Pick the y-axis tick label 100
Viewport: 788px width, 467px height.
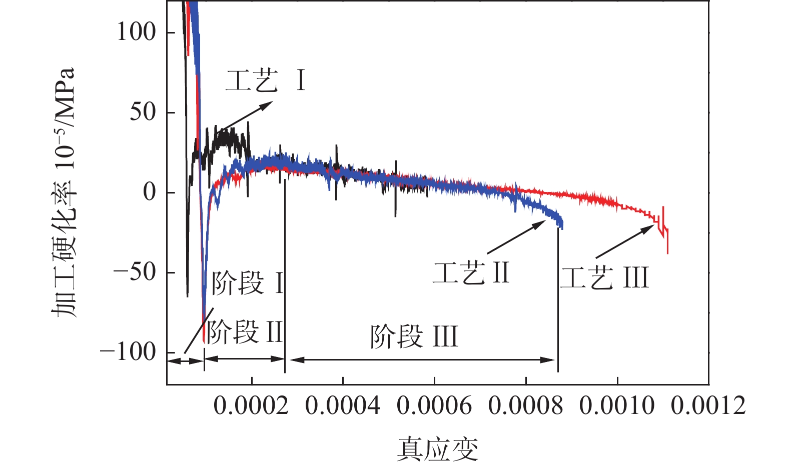click(137, 32)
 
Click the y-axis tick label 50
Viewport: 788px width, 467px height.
click(143, 112)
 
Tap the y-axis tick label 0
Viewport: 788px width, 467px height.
click(150, 192)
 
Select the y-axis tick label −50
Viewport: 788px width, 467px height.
click(135, 272)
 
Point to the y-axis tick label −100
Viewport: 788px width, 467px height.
click(129, 352)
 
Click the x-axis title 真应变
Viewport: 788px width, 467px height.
click(438, 448)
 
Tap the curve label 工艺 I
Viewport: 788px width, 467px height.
click(266, 81)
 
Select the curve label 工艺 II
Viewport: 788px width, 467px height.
click(471, 273)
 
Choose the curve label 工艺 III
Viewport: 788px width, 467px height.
click(604, 277)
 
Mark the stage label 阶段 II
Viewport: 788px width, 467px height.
click(245, 332)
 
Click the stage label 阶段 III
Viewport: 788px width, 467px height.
click(414, 336)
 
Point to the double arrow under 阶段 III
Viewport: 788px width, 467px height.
click(423, 359)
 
